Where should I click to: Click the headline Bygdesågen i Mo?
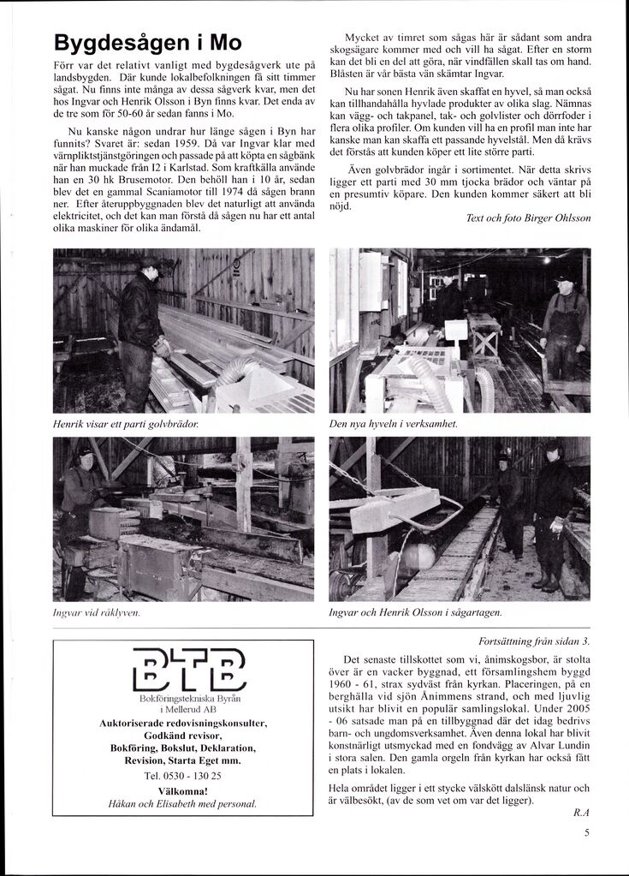pos(147,43)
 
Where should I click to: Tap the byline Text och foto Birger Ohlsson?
pos(528,218)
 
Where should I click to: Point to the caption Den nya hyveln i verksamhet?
pos(394,424)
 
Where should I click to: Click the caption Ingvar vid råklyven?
pos(96,613)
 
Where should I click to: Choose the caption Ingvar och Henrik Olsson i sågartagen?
pos(415,613)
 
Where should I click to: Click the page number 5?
pos(587,840)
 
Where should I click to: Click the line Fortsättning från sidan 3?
pos(534,641)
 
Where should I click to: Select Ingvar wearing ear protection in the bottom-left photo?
pos(82,489)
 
